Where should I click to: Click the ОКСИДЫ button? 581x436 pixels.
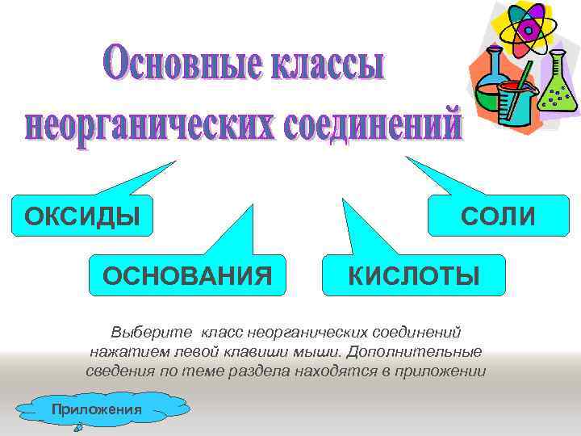tap(77, 216)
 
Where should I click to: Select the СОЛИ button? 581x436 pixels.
tap(497, 216)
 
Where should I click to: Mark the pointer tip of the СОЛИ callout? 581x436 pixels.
tap(408, 158)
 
